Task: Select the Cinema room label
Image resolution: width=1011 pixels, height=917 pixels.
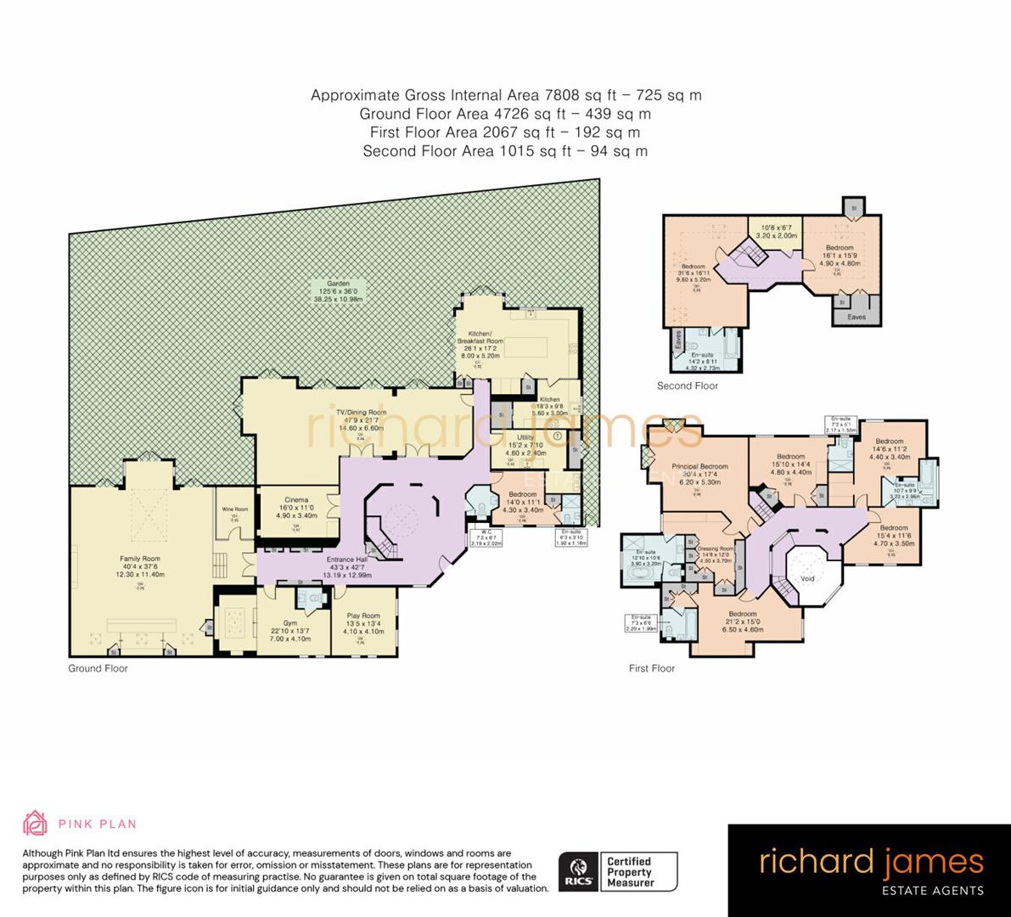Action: point(296,501)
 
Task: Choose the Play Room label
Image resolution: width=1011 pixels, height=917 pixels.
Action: point(363,616)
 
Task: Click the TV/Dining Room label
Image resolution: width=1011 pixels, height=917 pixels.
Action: point(365,413)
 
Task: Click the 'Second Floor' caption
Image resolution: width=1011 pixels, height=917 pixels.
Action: point(687,386)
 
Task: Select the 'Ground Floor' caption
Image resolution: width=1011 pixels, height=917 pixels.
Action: point(98,669)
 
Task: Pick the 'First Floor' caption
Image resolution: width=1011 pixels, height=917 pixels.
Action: point(651,669)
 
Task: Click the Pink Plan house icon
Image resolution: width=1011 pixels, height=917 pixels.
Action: point(34,823)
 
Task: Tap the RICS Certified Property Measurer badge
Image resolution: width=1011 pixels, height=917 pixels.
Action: point(617,872)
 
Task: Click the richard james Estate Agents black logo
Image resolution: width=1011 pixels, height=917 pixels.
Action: point(869,870)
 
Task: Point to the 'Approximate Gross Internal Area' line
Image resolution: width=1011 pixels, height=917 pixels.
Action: point(506,95)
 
